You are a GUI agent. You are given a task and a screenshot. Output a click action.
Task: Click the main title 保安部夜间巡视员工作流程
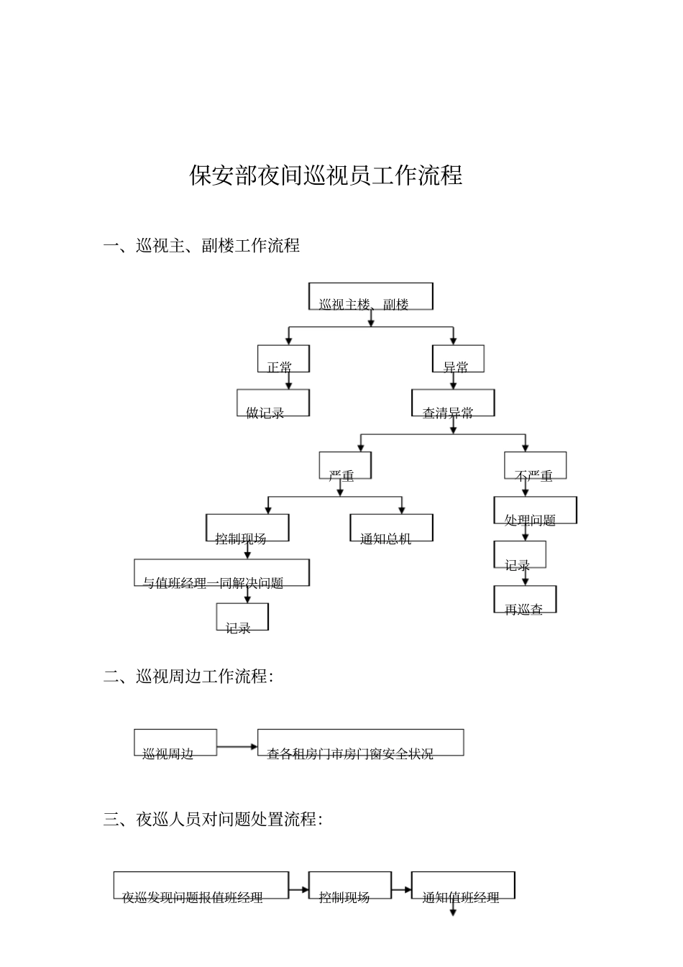(x=326, y=175)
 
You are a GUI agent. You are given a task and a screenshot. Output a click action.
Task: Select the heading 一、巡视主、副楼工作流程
(x=201, y=246)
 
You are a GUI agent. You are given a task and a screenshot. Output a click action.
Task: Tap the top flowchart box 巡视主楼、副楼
(x=370, y=296)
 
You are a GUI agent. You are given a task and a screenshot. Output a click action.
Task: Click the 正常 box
(x=283, y=359)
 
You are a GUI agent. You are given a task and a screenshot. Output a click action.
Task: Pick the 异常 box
(x=458, y=359)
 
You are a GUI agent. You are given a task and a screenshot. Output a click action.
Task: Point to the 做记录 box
(x=273, y=403)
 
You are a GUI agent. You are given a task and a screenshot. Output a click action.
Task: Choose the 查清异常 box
(x=452, y=403)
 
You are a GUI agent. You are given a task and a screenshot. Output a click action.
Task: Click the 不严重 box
(x=535, y=466)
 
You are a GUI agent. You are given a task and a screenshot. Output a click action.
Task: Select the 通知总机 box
(x=391, y=528)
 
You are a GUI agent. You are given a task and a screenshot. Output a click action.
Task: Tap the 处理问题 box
(x=535, y=510)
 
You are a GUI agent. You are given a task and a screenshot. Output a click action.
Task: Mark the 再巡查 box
(x=525, y=600)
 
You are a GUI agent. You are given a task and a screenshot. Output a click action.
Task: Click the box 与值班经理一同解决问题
(x=221, y=573)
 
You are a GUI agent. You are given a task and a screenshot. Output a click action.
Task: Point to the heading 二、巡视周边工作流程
(x=188, y=677)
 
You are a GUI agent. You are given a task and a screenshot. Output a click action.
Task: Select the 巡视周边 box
(x=175, y=743)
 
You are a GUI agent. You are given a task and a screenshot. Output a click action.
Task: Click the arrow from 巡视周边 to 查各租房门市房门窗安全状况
(x=237, y=746)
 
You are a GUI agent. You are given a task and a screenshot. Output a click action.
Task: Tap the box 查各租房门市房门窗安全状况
(x=360, y=743)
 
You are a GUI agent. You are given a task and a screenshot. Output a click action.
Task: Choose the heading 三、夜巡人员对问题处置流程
(x=213, y=820)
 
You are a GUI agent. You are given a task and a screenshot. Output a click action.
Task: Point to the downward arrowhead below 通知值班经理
(x=453, y=912)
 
